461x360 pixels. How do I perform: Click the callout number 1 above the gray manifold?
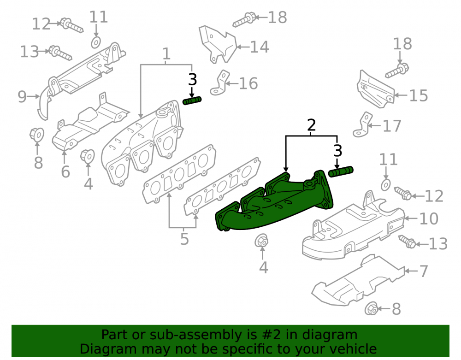point(166,54)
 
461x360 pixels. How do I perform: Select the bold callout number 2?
point(311,125)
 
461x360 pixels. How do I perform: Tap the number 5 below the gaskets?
point(184,239)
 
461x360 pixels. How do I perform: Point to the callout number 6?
point(65,171)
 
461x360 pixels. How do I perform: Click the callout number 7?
point(423,271)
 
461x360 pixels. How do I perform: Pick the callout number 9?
point(22,96)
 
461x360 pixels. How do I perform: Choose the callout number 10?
point(429,218)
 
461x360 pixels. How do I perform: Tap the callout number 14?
point(259,47)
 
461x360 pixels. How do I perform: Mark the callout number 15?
point(419,95)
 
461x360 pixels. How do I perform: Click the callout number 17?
point(392,126)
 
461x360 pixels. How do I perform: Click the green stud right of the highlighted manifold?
point(341,171)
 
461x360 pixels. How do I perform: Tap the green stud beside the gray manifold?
point(192,100)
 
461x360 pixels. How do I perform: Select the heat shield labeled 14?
point(218,44)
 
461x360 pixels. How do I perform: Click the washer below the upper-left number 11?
point(96,42)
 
